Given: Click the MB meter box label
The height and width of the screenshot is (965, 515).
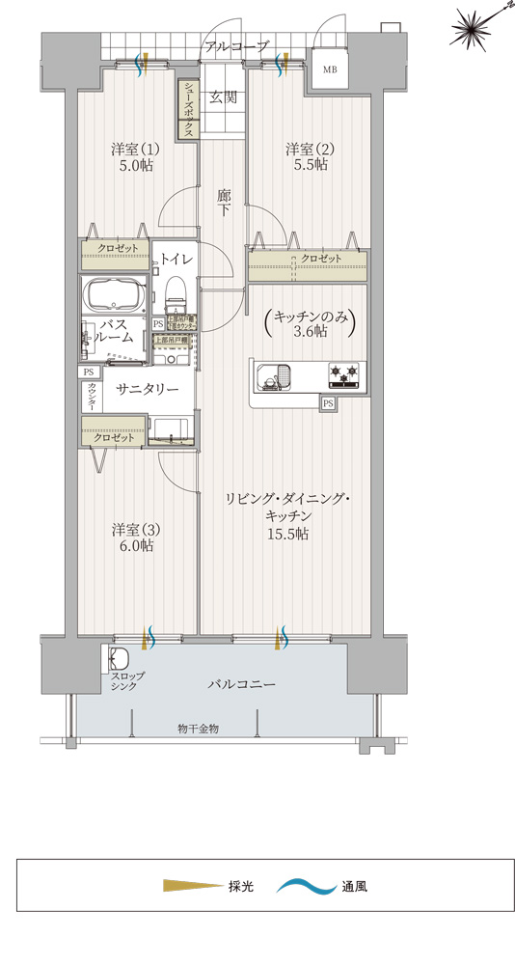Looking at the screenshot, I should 330,69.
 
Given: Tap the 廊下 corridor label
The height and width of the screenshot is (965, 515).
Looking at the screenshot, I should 224,202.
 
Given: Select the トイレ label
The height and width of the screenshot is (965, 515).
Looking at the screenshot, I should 176,259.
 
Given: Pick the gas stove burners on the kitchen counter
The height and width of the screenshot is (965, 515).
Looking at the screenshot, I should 343,373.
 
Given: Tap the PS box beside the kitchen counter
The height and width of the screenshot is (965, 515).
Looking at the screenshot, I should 329,403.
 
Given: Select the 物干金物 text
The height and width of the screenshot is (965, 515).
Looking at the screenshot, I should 198,728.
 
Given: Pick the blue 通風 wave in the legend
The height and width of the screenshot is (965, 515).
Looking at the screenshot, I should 305,885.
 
